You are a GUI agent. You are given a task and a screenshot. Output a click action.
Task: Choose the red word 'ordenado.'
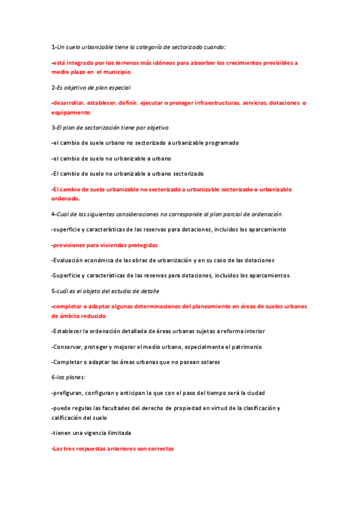coord(66,198)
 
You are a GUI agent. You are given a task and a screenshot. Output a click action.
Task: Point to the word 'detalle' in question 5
coord(149,291)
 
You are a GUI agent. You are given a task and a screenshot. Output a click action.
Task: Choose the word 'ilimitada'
coord(116,433)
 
